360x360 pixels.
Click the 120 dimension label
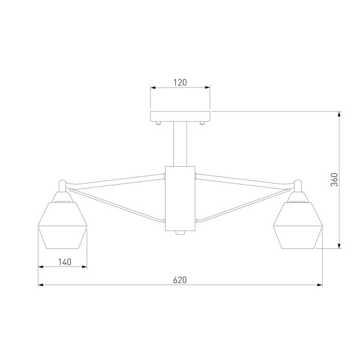click(180, 82)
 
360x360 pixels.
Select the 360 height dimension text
click(335, 179)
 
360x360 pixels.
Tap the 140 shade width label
click(65, 261)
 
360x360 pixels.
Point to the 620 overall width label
click(180, 280)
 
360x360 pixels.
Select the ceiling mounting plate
click(180, 115)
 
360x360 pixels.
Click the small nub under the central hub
click(180, 233)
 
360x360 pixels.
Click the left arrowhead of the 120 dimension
click(152, 88)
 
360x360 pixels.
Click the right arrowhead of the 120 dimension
click(208, 88)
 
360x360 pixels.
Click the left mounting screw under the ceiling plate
click(158, 122)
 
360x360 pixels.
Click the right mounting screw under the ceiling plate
click(202, 122)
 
